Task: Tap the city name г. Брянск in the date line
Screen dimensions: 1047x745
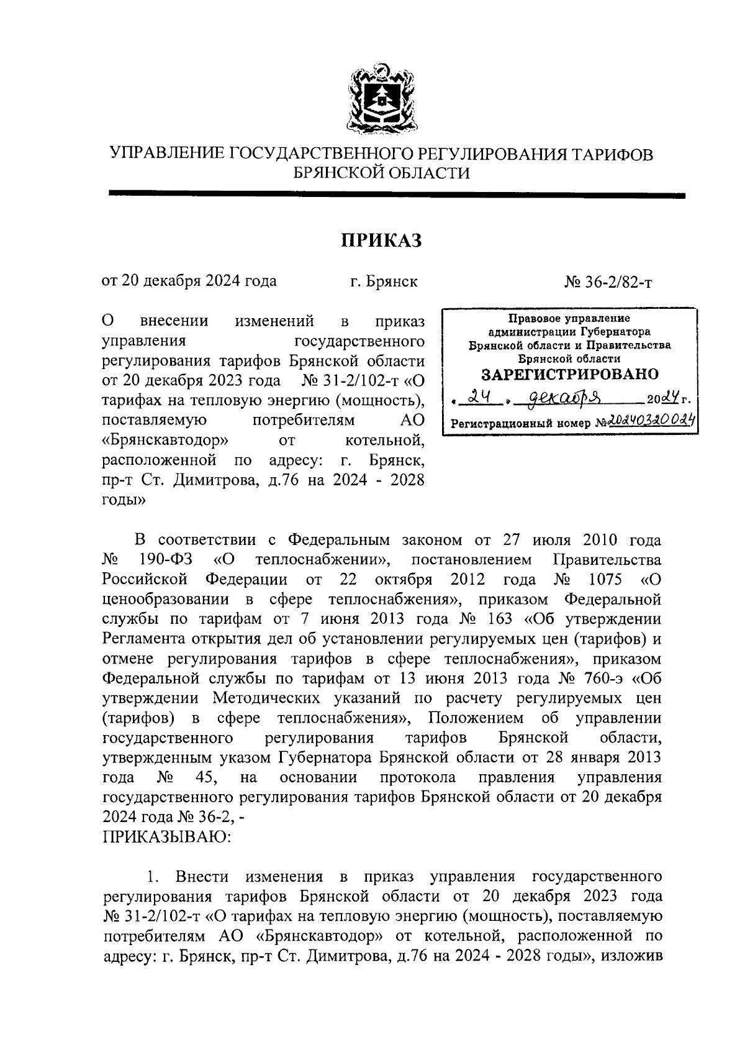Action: click(x=383, y=281)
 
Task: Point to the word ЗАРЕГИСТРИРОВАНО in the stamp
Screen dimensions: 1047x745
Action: click(x=570, y=375)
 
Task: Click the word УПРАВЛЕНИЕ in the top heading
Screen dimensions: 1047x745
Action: click(x=166, y=154)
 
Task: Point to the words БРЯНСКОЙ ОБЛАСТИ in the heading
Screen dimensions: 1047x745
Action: click(x=381, y=173)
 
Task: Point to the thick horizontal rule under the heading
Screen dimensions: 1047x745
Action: click(x=397, y=195)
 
